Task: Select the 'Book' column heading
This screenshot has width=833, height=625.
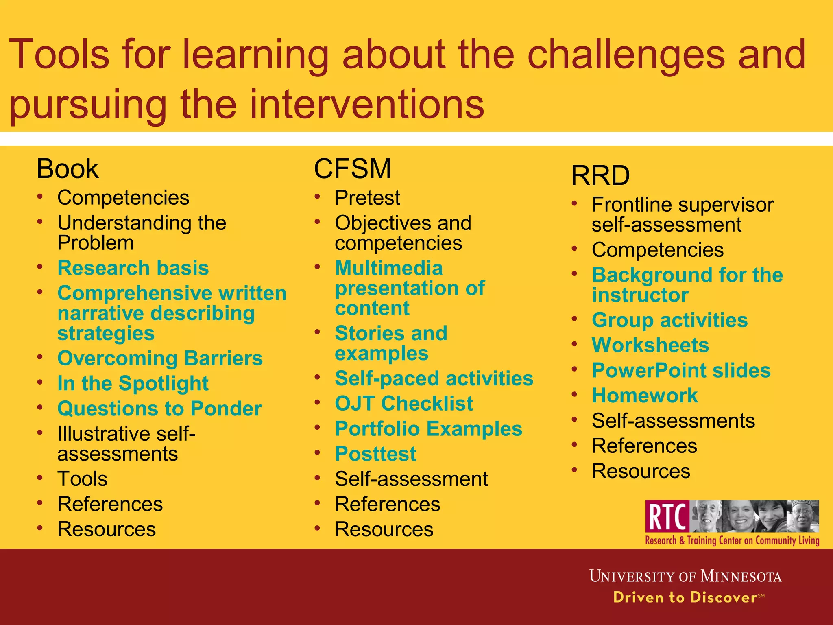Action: (68, 169)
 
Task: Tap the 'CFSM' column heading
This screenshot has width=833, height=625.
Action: (352, 169)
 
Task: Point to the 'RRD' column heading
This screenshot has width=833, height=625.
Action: (600, 176)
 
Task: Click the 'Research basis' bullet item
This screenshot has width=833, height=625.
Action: (133, 268)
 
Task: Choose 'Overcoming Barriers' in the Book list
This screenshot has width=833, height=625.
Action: (160, 358)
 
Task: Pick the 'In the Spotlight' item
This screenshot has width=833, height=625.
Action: (133, 384)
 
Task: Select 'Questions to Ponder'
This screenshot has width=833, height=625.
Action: (159, 409)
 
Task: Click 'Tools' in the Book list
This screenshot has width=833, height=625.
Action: (83, 479)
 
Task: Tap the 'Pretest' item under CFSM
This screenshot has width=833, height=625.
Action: (367, 198)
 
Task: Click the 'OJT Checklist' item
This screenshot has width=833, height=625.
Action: (404, 404)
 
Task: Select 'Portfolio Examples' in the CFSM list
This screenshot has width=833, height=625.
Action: (429, 429)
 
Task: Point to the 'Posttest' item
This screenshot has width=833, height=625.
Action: (375, 454)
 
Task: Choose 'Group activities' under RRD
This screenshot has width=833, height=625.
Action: (669, 320)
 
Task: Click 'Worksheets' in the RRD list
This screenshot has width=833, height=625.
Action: (650, 345)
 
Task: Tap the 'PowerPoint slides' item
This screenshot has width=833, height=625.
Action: (681, 371)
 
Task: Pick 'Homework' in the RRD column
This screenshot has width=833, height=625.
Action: (645, 396)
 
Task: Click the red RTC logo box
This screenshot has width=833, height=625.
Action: (667, 516)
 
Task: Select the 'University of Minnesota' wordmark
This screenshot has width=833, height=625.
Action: (685, 577)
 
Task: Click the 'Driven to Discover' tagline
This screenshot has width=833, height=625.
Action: (685, 597)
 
